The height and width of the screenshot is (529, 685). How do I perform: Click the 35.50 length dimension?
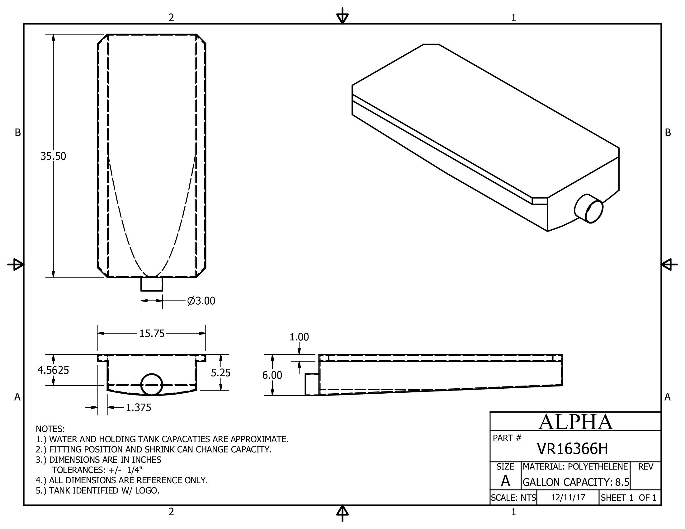coord(53,156)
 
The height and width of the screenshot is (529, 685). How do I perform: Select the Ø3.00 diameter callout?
coord(201,301)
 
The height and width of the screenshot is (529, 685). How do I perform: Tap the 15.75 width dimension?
coord(152,334)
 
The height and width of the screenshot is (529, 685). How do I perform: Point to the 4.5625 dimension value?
coord(53,370)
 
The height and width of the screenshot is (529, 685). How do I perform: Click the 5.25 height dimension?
coord(220,372)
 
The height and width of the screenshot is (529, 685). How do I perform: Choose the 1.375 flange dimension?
coord(138,407)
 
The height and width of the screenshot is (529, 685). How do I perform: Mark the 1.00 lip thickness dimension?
coord(299,337)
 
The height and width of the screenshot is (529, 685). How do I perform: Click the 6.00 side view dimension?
coord(272,375)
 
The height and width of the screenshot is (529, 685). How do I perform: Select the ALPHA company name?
coord(575,422)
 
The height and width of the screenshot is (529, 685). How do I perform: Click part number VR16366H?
coord(572,449)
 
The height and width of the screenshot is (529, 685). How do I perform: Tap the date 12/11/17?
coord(568,498)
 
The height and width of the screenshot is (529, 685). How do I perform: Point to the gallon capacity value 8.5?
coord(622,482)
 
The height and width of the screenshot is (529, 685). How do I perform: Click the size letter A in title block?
coord(505,481)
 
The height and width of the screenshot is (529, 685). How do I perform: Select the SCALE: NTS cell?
coord(513,498)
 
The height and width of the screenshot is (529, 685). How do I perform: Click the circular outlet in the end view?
coord(152,384)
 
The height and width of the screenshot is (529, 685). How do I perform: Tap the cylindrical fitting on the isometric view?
coord(589,209)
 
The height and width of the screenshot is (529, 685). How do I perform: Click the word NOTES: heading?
coord(50,429)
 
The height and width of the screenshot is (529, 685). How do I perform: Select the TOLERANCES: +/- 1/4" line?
coord(97,470)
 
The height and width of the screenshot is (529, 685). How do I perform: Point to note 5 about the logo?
coord(98,490)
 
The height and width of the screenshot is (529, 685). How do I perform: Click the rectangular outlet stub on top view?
coord(152,284)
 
